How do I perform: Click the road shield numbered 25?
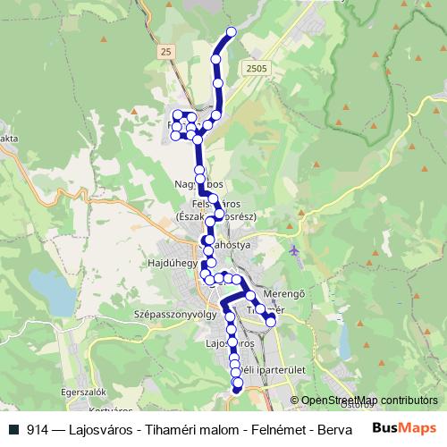166,54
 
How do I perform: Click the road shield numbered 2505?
256,68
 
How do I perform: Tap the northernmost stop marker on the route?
232,32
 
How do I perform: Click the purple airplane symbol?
296,250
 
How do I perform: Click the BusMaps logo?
405,428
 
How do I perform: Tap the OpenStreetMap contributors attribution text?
370,401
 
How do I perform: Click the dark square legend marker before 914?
15,429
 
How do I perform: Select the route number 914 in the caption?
39,429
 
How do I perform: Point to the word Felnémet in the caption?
271,429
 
